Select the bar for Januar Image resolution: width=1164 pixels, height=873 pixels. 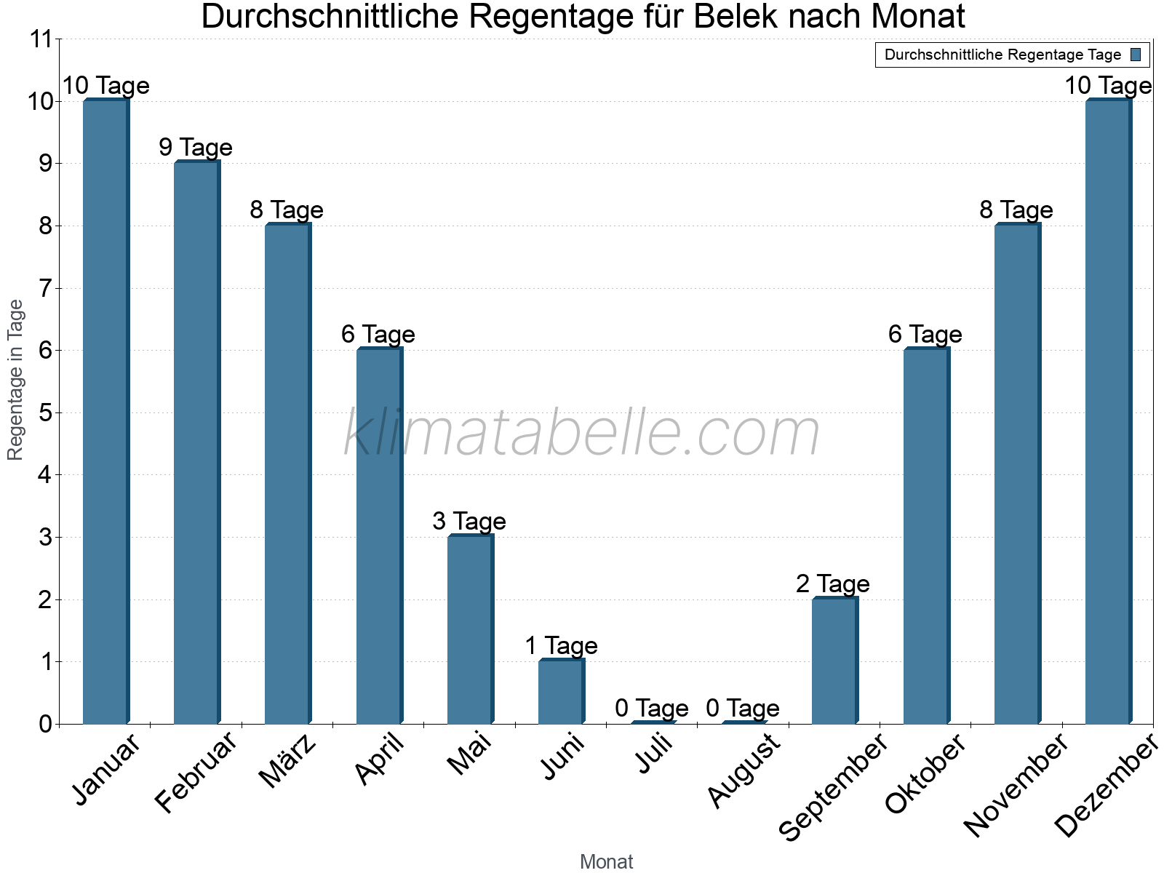[105, 412]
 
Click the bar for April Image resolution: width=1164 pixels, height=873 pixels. [379, 536]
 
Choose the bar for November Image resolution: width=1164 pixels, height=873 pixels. [1017, 474]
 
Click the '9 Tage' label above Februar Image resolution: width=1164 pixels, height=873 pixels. [196, 148]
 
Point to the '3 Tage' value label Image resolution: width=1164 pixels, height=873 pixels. [469, 522]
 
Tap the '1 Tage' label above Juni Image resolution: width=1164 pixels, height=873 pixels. [561, 646]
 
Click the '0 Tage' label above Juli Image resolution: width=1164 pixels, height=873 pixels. [652, 708]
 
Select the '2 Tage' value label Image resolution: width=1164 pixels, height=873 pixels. [833, 583]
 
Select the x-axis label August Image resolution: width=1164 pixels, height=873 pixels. [744, 770]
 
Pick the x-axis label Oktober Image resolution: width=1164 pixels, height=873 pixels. [925, 773]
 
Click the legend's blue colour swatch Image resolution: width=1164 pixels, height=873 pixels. [1136, 55]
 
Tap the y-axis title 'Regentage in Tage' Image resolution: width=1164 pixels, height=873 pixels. [16, 380]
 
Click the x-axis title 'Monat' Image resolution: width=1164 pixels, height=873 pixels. [606, 862]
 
